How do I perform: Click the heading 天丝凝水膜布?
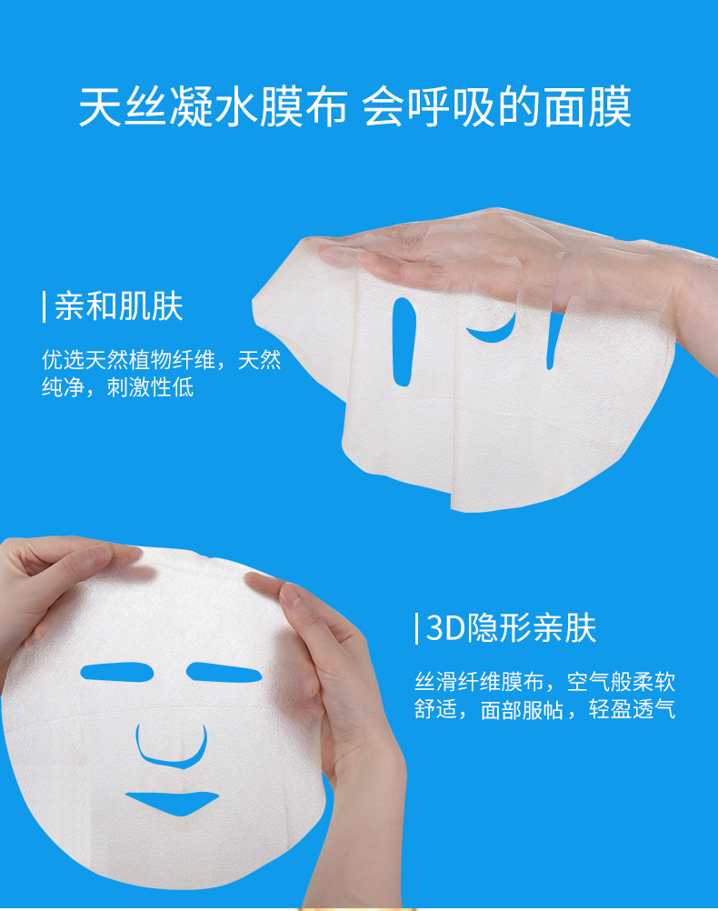coord(214,107)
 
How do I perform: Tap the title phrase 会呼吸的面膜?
coord(497,107)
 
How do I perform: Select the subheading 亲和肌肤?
coord(118,306)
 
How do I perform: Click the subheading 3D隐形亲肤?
coord(511,628)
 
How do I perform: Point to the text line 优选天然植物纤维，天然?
coord(162,360)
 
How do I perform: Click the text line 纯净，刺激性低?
coord(117,387)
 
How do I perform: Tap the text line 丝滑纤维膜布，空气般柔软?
coord(545,682)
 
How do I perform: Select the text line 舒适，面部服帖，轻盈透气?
coord(545,709)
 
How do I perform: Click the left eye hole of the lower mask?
coord(116,672)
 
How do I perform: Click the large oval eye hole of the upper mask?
coord(404,342)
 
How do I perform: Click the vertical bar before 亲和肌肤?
coord(45,306)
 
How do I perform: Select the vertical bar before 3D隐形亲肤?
coord(416,628)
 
